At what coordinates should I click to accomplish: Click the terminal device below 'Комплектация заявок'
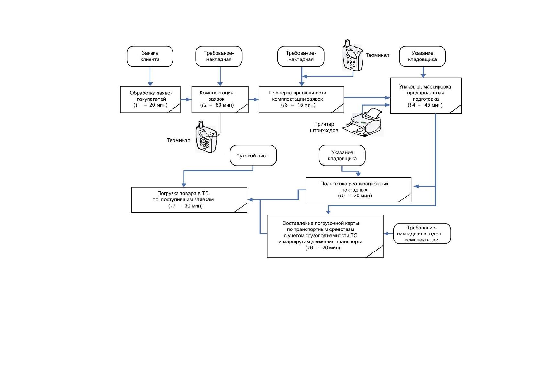click(206, 137)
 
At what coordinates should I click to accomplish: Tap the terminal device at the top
click(353, 56)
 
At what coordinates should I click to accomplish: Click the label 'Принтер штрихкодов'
click(324, 127)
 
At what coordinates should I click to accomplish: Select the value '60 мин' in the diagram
click(224, 105)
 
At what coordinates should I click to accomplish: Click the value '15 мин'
click(306, 105)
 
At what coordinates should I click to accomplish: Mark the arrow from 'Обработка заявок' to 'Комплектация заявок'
click(186, 100)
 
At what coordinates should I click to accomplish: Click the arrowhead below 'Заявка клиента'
click(150, 84)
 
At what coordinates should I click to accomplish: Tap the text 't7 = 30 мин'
click(185, 206)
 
